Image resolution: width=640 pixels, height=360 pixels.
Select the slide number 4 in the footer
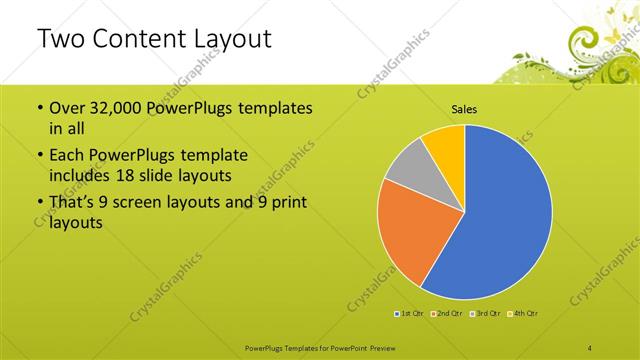(x=590, y=347)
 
